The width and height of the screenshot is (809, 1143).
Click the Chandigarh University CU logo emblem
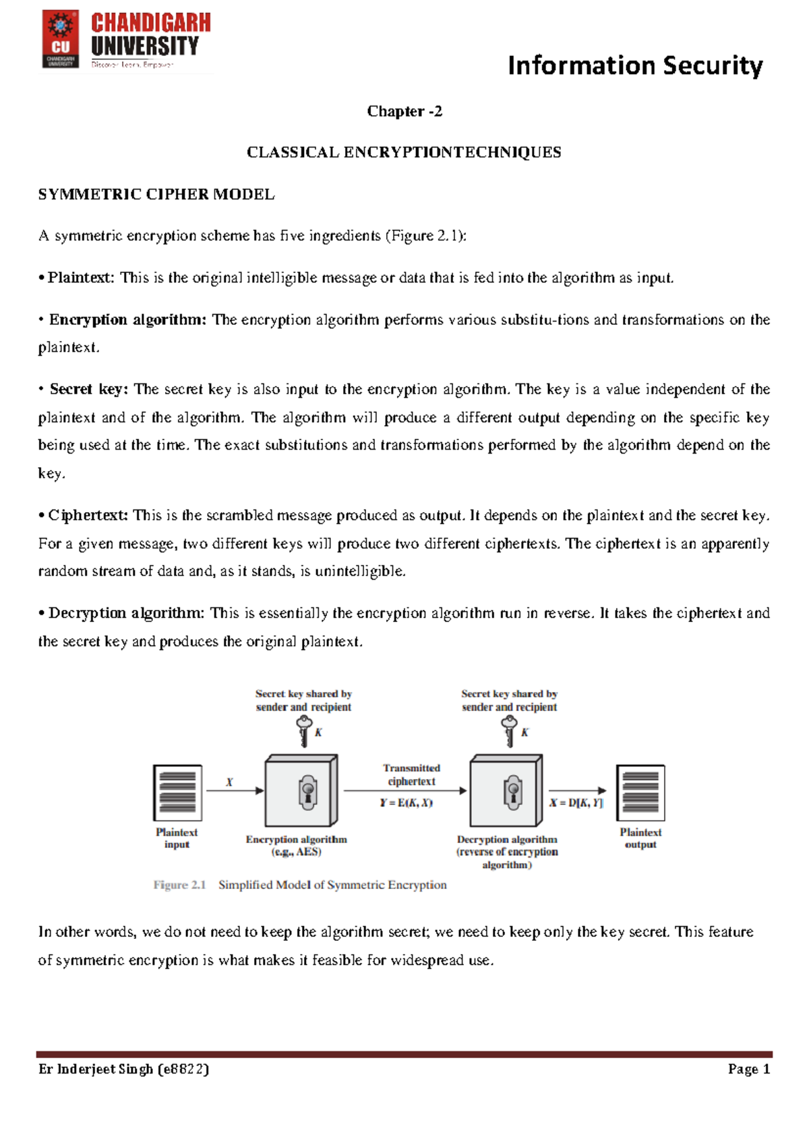pos(61,38)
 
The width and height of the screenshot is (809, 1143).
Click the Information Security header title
pos(634,65)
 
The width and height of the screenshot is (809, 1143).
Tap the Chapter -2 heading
pos(404,111)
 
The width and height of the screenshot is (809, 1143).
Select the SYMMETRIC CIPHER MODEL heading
pos(156,195)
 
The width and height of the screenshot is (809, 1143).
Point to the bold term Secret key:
pos(88,389)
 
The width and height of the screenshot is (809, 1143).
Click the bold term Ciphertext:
pos(88,515)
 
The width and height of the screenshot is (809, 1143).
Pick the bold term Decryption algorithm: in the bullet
pos(126,613)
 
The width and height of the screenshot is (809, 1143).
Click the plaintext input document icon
pos(177,793)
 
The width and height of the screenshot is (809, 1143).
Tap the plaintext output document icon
pos(640,793)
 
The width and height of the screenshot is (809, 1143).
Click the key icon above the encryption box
pos(304,731)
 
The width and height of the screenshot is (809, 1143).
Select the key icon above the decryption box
pos(510,731)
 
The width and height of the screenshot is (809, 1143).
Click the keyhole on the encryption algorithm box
pos(308,793)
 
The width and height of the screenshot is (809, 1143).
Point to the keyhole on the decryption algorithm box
pos(513,793)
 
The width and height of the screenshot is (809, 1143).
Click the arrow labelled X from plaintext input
pos(235,791)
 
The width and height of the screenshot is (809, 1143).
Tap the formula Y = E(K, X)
pos(406,803)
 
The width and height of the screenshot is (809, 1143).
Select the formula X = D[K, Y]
pos(576,803)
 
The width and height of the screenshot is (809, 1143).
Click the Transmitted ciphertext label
pos(411,774)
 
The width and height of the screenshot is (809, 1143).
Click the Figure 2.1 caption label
pos(179,885)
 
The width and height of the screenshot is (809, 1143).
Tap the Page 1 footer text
pos(748,1069)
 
